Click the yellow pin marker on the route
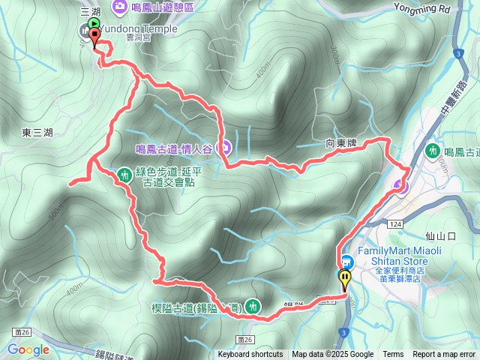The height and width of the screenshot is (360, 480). [345, 280]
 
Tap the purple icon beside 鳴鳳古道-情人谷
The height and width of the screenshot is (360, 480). [223, 146]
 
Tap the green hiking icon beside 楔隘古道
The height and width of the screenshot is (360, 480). [254, 305]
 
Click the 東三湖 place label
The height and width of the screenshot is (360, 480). [37, 133]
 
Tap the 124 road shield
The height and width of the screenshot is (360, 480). [395, 223]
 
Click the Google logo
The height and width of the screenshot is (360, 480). [28, 349]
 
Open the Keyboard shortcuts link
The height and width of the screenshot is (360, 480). [250, 355]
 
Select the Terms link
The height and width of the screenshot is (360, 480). [393, 355]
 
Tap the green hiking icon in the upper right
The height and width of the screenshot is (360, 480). [433, 151]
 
